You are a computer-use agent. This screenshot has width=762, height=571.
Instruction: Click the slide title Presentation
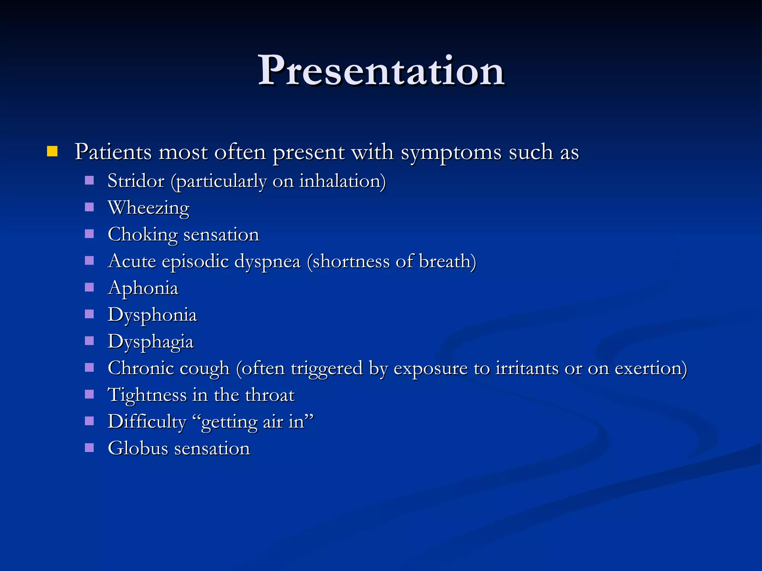(x=381, y=71)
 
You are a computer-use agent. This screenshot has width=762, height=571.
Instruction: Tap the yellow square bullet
(x=52, y=151)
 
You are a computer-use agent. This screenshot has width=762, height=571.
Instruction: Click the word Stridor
(x=136, y=181)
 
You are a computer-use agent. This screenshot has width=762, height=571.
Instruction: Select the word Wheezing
(x=148, y=208)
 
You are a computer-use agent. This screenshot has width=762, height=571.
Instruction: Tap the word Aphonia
(x=143, y=288)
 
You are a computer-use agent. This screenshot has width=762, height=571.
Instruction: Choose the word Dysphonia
(x=152, y=315)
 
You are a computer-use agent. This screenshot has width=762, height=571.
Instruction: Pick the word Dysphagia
(x=150, y=342)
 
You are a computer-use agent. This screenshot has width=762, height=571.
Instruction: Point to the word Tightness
(x=147, y=395)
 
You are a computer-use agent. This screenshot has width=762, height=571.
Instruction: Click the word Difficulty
(x=147, y=422)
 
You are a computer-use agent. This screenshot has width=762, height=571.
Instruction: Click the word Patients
(x=113, y=152)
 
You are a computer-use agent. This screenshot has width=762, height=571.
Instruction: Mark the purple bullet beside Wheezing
(x=89, y=207)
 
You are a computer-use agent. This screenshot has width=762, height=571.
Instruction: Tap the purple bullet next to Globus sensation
(x=89, y=448)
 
